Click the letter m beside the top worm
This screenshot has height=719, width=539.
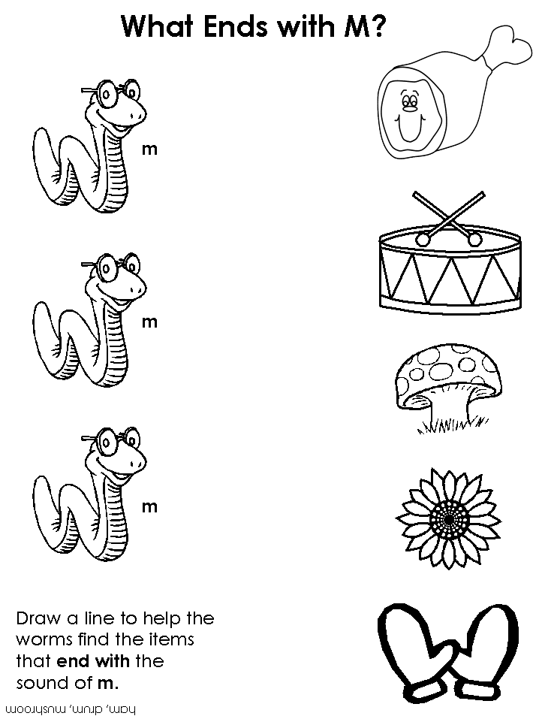pyautogui.click(x=149, y=149)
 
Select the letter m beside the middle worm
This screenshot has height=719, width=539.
pyautogui.click(x=149, y=322)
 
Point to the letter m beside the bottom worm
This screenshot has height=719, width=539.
pyautogui.click(x=149, y=506)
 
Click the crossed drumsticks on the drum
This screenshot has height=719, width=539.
pyautogui.click(x=449, y=219)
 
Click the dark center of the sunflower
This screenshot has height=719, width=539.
pyautogui.click(x=449, y=518)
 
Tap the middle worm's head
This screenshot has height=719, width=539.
pyautogui.click(x=117, y=283)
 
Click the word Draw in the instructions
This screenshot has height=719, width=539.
pyautogui.click(x=38, y=618)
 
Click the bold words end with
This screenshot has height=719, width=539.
pyautogui.click(x=93, y=661)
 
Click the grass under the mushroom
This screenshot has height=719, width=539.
pyautogui.click(x=451, y=424)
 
